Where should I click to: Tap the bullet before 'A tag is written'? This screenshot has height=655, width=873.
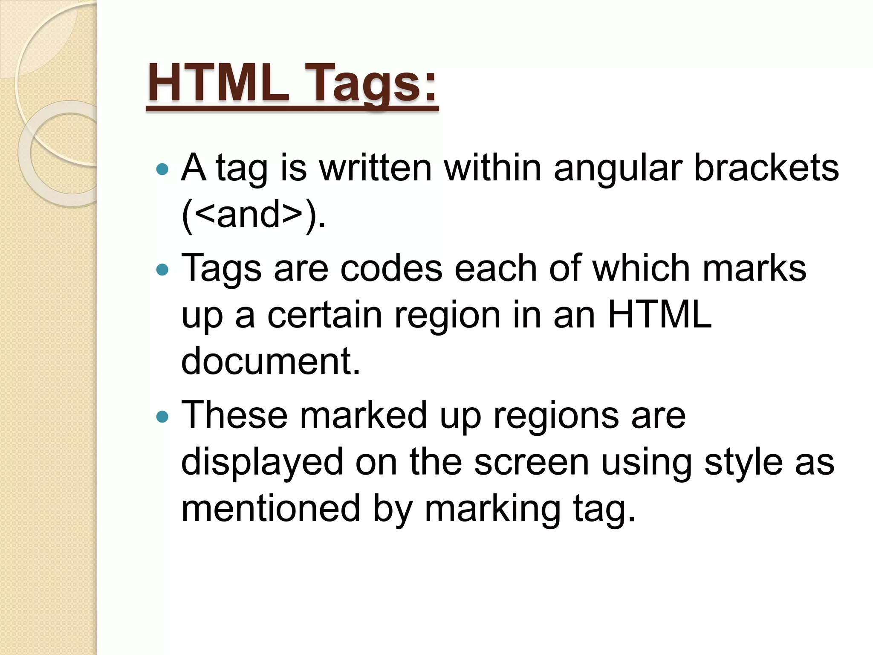point(162,170)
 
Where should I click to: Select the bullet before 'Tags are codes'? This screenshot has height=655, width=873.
point(162,270)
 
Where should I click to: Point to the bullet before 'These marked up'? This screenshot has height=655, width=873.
point(162,416)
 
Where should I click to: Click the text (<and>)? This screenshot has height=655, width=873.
point(254,214)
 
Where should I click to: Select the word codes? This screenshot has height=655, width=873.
point(391,268)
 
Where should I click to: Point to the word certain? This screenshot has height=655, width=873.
point(324,315)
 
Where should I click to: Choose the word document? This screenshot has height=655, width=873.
point(271,361)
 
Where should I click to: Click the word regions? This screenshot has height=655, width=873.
point(555,416)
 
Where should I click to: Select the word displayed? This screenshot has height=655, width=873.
point(262,463)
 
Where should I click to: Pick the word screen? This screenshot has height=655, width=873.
point(531,462)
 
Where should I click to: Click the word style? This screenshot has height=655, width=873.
point(743,463)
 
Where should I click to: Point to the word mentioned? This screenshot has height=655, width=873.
point(271,508)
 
